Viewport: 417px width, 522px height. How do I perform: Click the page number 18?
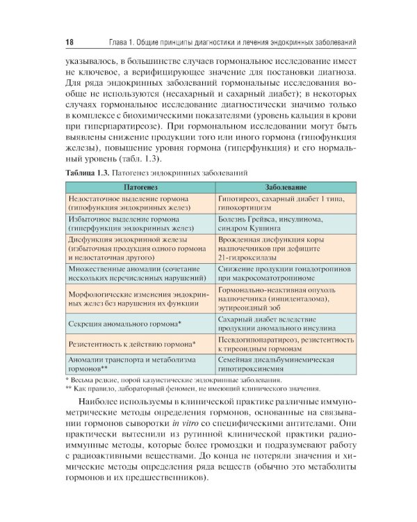click(x=69, y=43)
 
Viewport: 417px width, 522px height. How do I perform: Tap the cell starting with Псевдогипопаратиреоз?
click(x=285, y=344)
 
